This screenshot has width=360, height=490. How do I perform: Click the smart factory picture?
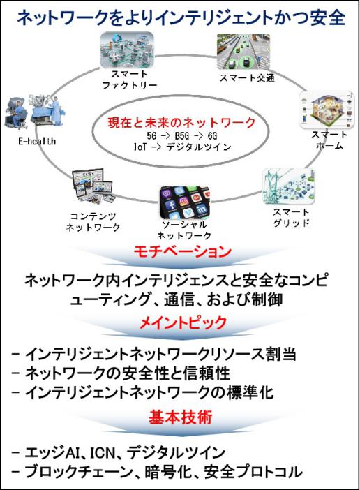pos(128,50)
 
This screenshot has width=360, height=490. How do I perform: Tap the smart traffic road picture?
pos(243,51)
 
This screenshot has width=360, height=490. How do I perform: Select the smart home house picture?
pos(327,110)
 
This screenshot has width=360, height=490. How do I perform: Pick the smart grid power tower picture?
pos(289,186)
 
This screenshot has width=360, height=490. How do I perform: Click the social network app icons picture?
pos(185,202)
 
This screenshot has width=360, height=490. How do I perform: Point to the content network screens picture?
pos(92,186)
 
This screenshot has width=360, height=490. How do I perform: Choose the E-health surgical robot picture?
pos(35,111)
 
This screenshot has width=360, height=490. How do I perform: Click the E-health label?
pos(37,141)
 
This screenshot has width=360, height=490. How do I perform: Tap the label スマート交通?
pos(247,77)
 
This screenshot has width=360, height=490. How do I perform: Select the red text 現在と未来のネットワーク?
pos(181,123)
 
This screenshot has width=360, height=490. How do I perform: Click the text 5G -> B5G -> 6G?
pos(181,136)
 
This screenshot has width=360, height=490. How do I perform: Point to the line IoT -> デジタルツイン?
pos(182,147)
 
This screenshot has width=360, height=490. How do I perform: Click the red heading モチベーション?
pos(183,252)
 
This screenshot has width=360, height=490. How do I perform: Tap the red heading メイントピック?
pos(183,322)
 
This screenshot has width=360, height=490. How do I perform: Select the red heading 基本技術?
pos(181,417)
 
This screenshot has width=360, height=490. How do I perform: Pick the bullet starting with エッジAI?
pos(119,453)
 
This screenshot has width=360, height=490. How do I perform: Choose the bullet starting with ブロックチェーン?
pos(157,472)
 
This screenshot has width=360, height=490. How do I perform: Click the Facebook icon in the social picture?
pos(172,205)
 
